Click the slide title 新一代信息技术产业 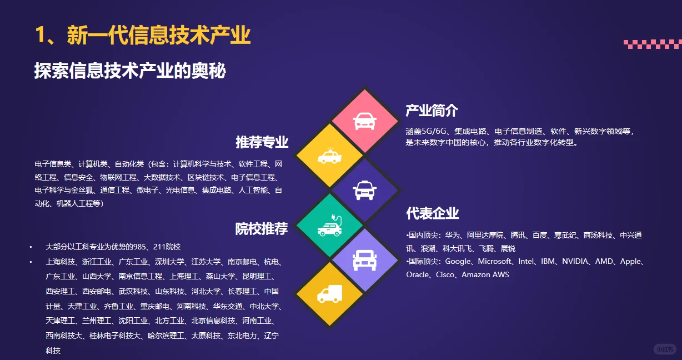pos(158,35)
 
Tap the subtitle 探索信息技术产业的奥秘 pos(130,71)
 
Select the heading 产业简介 pos(432,110)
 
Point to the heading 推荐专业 pos(262,142)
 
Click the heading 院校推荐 pos(262,228)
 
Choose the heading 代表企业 pos(432,213)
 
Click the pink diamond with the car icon pos(364,121)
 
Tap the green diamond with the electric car pos(330,226)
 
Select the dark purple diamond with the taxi pos(364,191)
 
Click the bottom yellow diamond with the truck pos(330,294)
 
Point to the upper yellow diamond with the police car pos(330,156)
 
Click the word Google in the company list pos(458,261)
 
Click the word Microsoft pos(495,261)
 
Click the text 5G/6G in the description pos(434,132)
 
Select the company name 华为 pos(453,235)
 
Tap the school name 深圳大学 pos(169,262)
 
